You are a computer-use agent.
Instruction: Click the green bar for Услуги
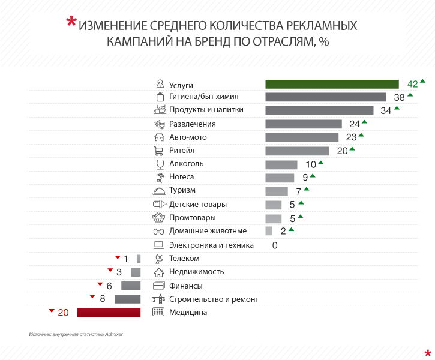(x=332, y=84)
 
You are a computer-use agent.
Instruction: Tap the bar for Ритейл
(x=297, y=151)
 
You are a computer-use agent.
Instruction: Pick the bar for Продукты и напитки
(x=319, y=110)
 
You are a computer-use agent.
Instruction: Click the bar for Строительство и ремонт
(x=127, y=299)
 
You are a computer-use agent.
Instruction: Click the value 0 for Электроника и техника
(x=275, y=245)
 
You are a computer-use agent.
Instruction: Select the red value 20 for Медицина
(x=64, y=313)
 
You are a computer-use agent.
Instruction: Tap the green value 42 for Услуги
(x=412, y=84)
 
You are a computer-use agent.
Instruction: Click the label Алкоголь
(x=186, y=164)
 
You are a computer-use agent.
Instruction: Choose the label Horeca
(x=181, y=177)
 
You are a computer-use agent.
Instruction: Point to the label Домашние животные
(x=208, y=231)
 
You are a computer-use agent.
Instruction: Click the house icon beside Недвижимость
(x=159, y=272)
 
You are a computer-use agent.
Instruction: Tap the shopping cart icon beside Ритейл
(x=159, y=151)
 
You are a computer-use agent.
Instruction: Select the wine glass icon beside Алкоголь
(x=160, y=164)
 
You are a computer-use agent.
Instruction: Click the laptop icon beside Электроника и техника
(x=159, y=245)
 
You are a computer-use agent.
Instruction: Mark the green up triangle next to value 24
(x=364, y=122)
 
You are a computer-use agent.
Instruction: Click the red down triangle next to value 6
(x=100, y=283)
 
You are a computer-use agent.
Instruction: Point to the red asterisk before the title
(x=71, y=23)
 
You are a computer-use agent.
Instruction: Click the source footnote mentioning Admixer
(x=75, y=334)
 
